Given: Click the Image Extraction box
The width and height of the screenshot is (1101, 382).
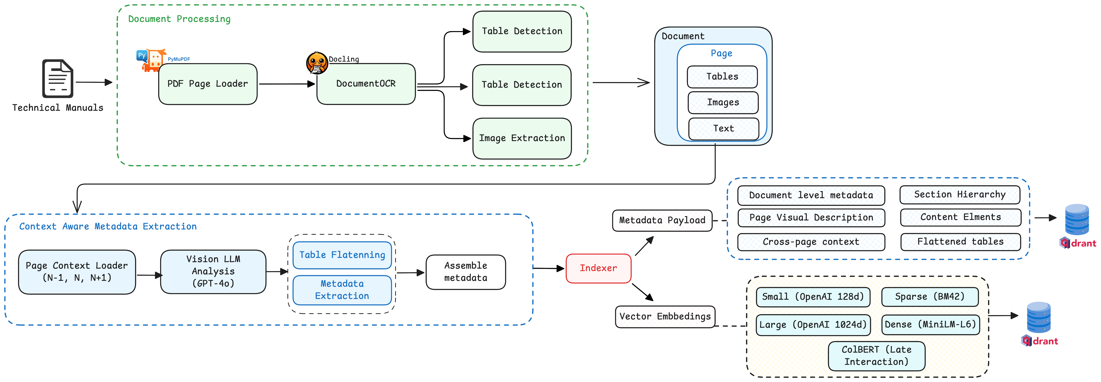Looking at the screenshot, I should [522, 138].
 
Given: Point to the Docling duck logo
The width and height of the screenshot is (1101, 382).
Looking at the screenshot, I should [317, 63].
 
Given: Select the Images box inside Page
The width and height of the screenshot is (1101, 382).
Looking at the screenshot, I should [723, 102].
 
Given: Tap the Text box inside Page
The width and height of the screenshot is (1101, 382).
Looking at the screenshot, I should [723, 128].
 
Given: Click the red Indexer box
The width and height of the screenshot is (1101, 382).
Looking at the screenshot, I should [598, 268].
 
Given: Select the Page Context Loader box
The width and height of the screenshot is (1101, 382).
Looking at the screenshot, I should [77, 272].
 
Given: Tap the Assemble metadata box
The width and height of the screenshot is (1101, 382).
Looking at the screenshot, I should [465, 272].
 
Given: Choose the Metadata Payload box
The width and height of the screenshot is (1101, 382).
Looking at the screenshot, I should [662, 220].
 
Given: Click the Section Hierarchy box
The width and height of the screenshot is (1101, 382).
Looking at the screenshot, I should [959, 195].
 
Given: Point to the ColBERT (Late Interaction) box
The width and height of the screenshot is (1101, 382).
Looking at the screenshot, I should [876, 355].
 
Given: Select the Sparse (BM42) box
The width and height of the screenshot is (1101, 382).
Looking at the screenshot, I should [930, 297].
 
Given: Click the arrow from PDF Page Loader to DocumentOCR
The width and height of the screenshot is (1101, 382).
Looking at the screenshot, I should [286, 84].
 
